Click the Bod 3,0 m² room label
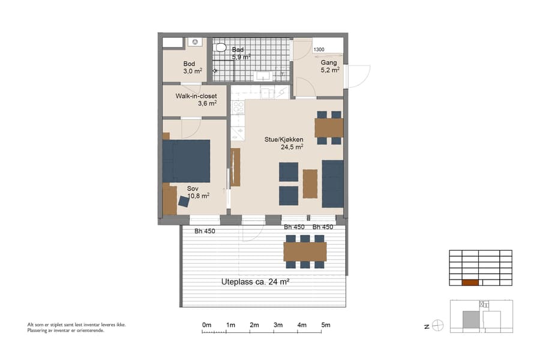(192, 67)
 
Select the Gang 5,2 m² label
(329, 66)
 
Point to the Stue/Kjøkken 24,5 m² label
(284, 143)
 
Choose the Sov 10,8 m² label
(197, 192)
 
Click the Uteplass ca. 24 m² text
(256, 282)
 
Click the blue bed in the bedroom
(187, 161)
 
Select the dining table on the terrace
(305, 251)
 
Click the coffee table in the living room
(310, 184)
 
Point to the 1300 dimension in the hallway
(319, 50)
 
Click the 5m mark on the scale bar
(326, 325)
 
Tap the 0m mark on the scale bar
(206, 325)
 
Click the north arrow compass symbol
(438, 326)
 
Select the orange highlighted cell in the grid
(470, 283)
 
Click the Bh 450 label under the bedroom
(205, 231)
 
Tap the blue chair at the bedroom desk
(183, 202)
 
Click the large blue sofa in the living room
(332, 183)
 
